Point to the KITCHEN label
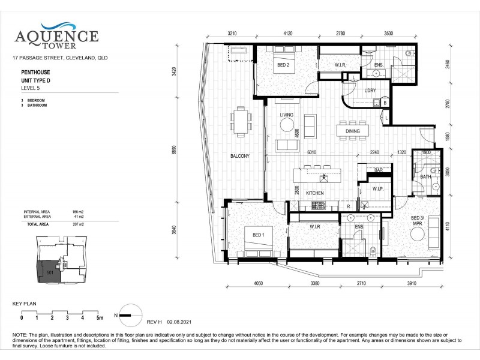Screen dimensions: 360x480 coord(315,193)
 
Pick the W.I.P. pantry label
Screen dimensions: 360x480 coord(377,189)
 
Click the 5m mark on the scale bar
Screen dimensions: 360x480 coord(100,318)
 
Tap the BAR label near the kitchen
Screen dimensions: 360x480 coord(379,171)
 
